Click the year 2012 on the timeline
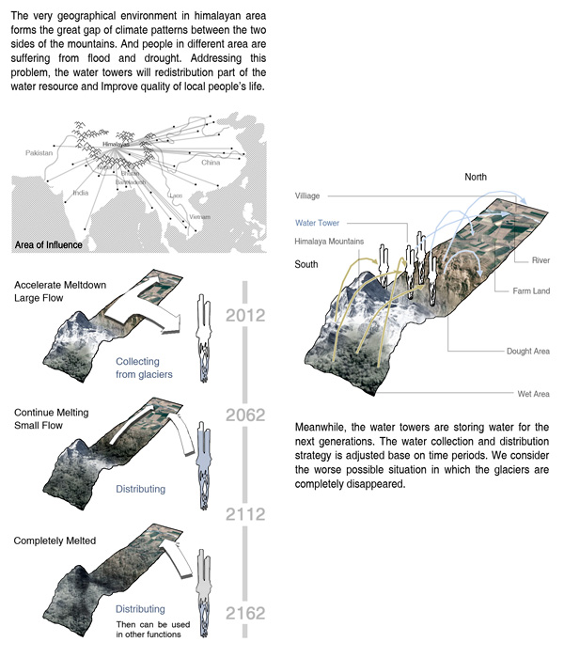point(246,315)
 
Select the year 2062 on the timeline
point(246,415)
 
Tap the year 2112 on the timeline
point(246,514)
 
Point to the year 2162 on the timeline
point(246,614)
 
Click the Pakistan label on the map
point(39,151)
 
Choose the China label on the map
point(211,162)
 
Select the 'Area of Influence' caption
point(49,245)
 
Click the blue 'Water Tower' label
point(317,223)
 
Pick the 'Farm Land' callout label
point(530,291)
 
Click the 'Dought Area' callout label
point(527,351)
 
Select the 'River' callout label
point(540,259)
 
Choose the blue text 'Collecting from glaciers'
point(138,368)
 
